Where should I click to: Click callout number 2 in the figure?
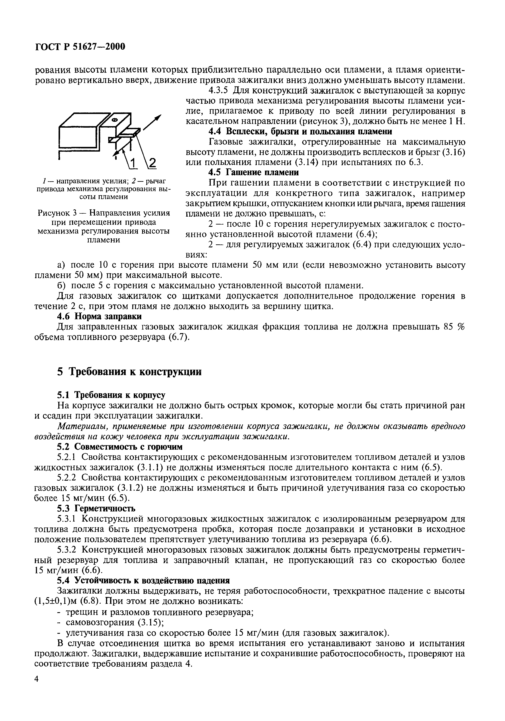coord(152,163)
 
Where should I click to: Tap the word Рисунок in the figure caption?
coord(55,213)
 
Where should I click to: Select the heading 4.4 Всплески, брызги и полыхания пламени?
coord(300,131)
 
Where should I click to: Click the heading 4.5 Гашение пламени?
coord(254,172)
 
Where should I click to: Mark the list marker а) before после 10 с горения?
coord(61,265)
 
